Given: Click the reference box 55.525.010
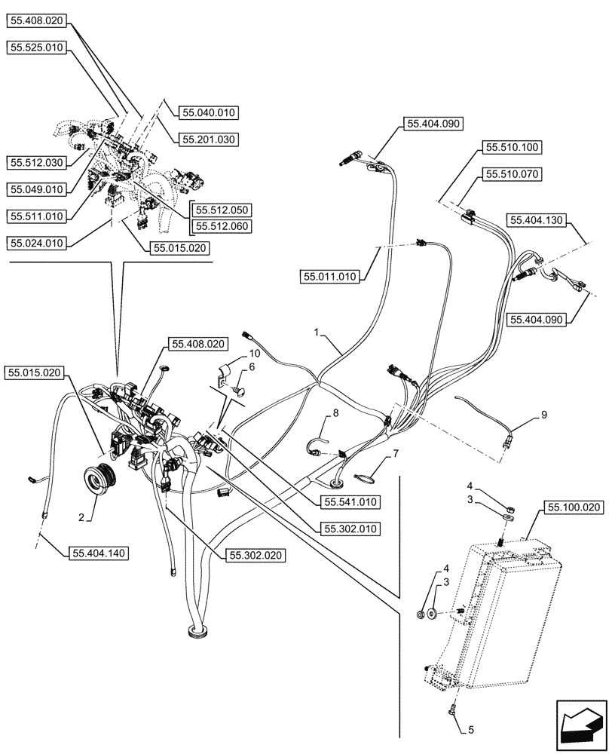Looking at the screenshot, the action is pyautogui.click(x=37, y=47).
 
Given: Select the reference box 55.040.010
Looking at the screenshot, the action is pyautogui.click(x=209, y=112).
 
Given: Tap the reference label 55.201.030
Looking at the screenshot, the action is pyautogui.click(x=209, y=139).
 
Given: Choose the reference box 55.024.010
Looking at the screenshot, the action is pyautogui.click(x=37, y=244).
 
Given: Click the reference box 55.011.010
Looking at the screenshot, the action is pyautogui.click(x=330, y=277).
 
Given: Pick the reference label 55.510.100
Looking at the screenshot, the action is pyautogui.click(x=512, y=147).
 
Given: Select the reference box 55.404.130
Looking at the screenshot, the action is pyautogui.click(x=537, y=220).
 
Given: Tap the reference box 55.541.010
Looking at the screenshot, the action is pyautogui.click(x=350, y=502).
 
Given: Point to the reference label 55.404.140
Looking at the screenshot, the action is pyautogui.click(x=99, y=553).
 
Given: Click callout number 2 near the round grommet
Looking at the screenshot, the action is pyautogui.click(x=81, y=518).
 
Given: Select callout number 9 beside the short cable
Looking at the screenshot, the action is pyautogui.click(x=544, y=415).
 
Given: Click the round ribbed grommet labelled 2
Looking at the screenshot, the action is pyautogui.click(x=99, y=477).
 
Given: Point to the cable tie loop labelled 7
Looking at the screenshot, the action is pyautogui.click(x=365, y=477).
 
